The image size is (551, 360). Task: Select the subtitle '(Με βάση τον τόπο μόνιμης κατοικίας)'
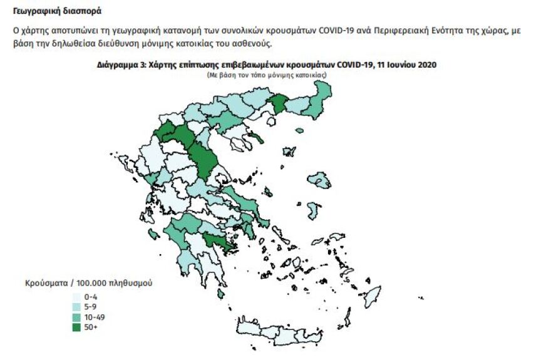pyautogui.click(x=267, y=75)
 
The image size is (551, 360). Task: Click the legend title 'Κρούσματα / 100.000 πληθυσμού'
pyautogui.click(x=88, y=283)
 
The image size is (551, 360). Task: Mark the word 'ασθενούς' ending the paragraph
pyautogui.click(x=255, y=44)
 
